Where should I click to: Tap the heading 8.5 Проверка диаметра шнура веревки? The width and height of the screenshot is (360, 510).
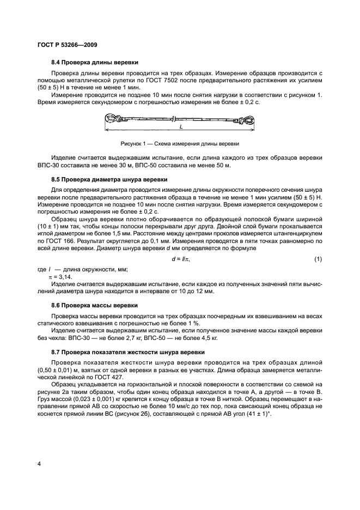109,179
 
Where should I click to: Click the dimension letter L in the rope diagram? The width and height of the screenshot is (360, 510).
180,126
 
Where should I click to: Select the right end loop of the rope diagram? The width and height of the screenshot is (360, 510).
248,118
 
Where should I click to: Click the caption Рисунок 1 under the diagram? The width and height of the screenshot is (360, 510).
180,144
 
